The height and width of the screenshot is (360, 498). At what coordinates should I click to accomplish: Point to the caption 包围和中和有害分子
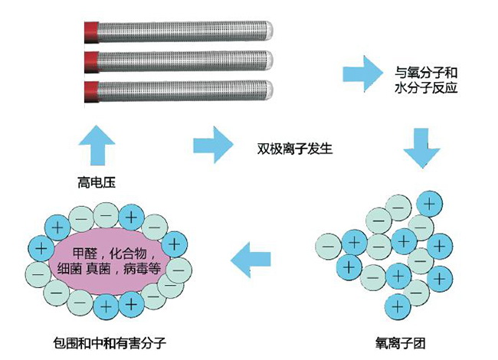tap(107, 342)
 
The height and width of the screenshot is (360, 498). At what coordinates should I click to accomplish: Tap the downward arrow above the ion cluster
tap(423, 148)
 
